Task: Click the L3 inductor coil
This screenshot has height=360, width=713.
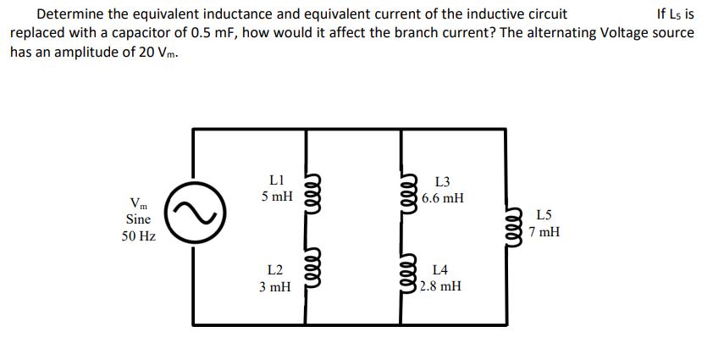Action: coord(409,188)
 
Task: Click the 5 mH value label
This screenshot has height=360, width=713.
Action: coord(277,197)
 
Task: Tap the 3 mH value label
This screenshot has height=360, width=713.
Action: coord(274,287)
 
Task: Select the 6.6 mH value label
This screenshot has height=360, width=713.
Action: coord(442,198)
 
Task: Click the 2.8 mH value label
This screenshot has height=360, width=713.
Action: coord(440,286)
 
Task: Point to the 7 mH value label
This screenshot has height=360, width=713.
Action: coord(544,231)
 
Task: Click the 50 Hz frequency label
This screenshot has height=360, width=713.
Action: coord(138,236)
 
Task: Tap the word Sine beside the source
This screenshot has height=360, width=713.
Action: coord(138,219)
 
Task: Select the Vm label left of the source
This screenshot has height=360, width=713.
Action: coord(138,202)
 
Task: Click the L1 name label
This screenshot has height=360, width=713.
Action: coord(275,180)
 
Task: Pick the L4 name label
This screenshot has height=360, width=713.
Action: coord(440,270)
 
